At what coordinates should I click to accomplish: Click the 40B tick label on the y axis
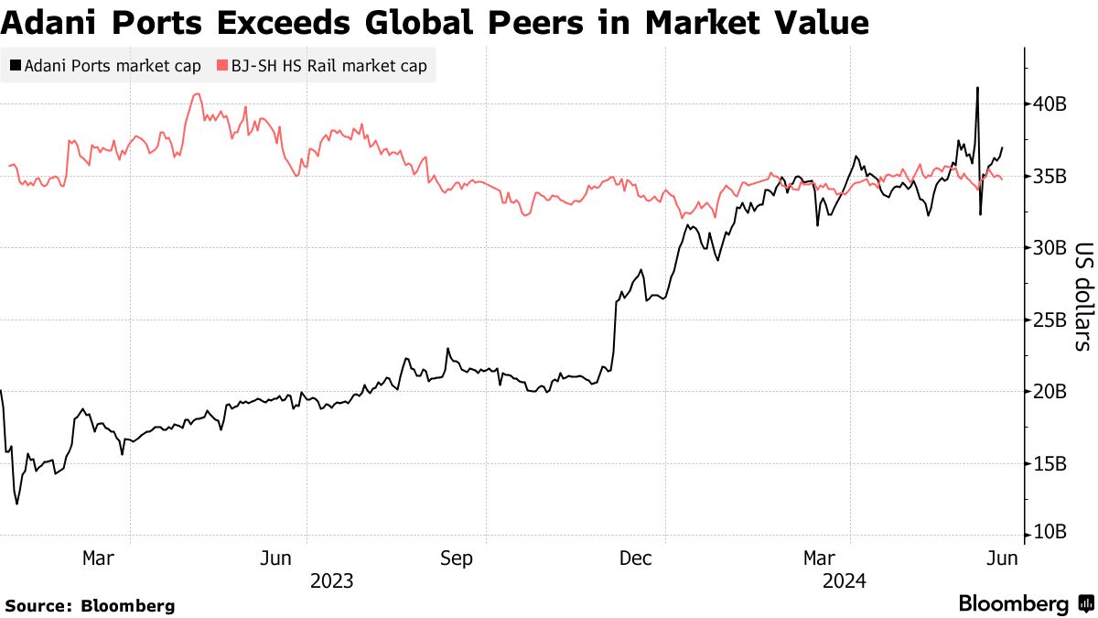coord(1050,103)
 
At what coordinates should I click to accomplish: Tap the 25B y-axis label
coord(1050,320)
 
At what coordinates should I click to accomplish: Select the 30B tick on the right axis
coord(1050,247)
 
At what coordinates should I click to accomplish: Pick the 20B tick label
coord(1050,391)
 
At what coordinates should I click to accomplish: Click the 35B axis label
coord(1050,175)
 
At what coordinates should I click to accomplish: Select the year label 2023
coord(331,580)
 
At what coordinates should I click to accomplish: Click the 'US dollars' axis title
coord(1082,296)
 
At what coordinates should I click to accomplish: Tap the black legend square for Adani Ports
coord(16,66)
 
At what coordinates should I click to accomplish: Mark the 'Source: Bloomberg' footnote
coord(90,605)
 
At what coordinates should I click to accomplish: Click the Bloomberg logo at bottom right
coord(1025,603)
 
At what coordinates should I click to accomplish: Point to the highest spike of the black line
coord(977,88)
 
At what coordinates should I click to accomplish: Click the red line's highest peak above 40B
coord(197,93)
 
